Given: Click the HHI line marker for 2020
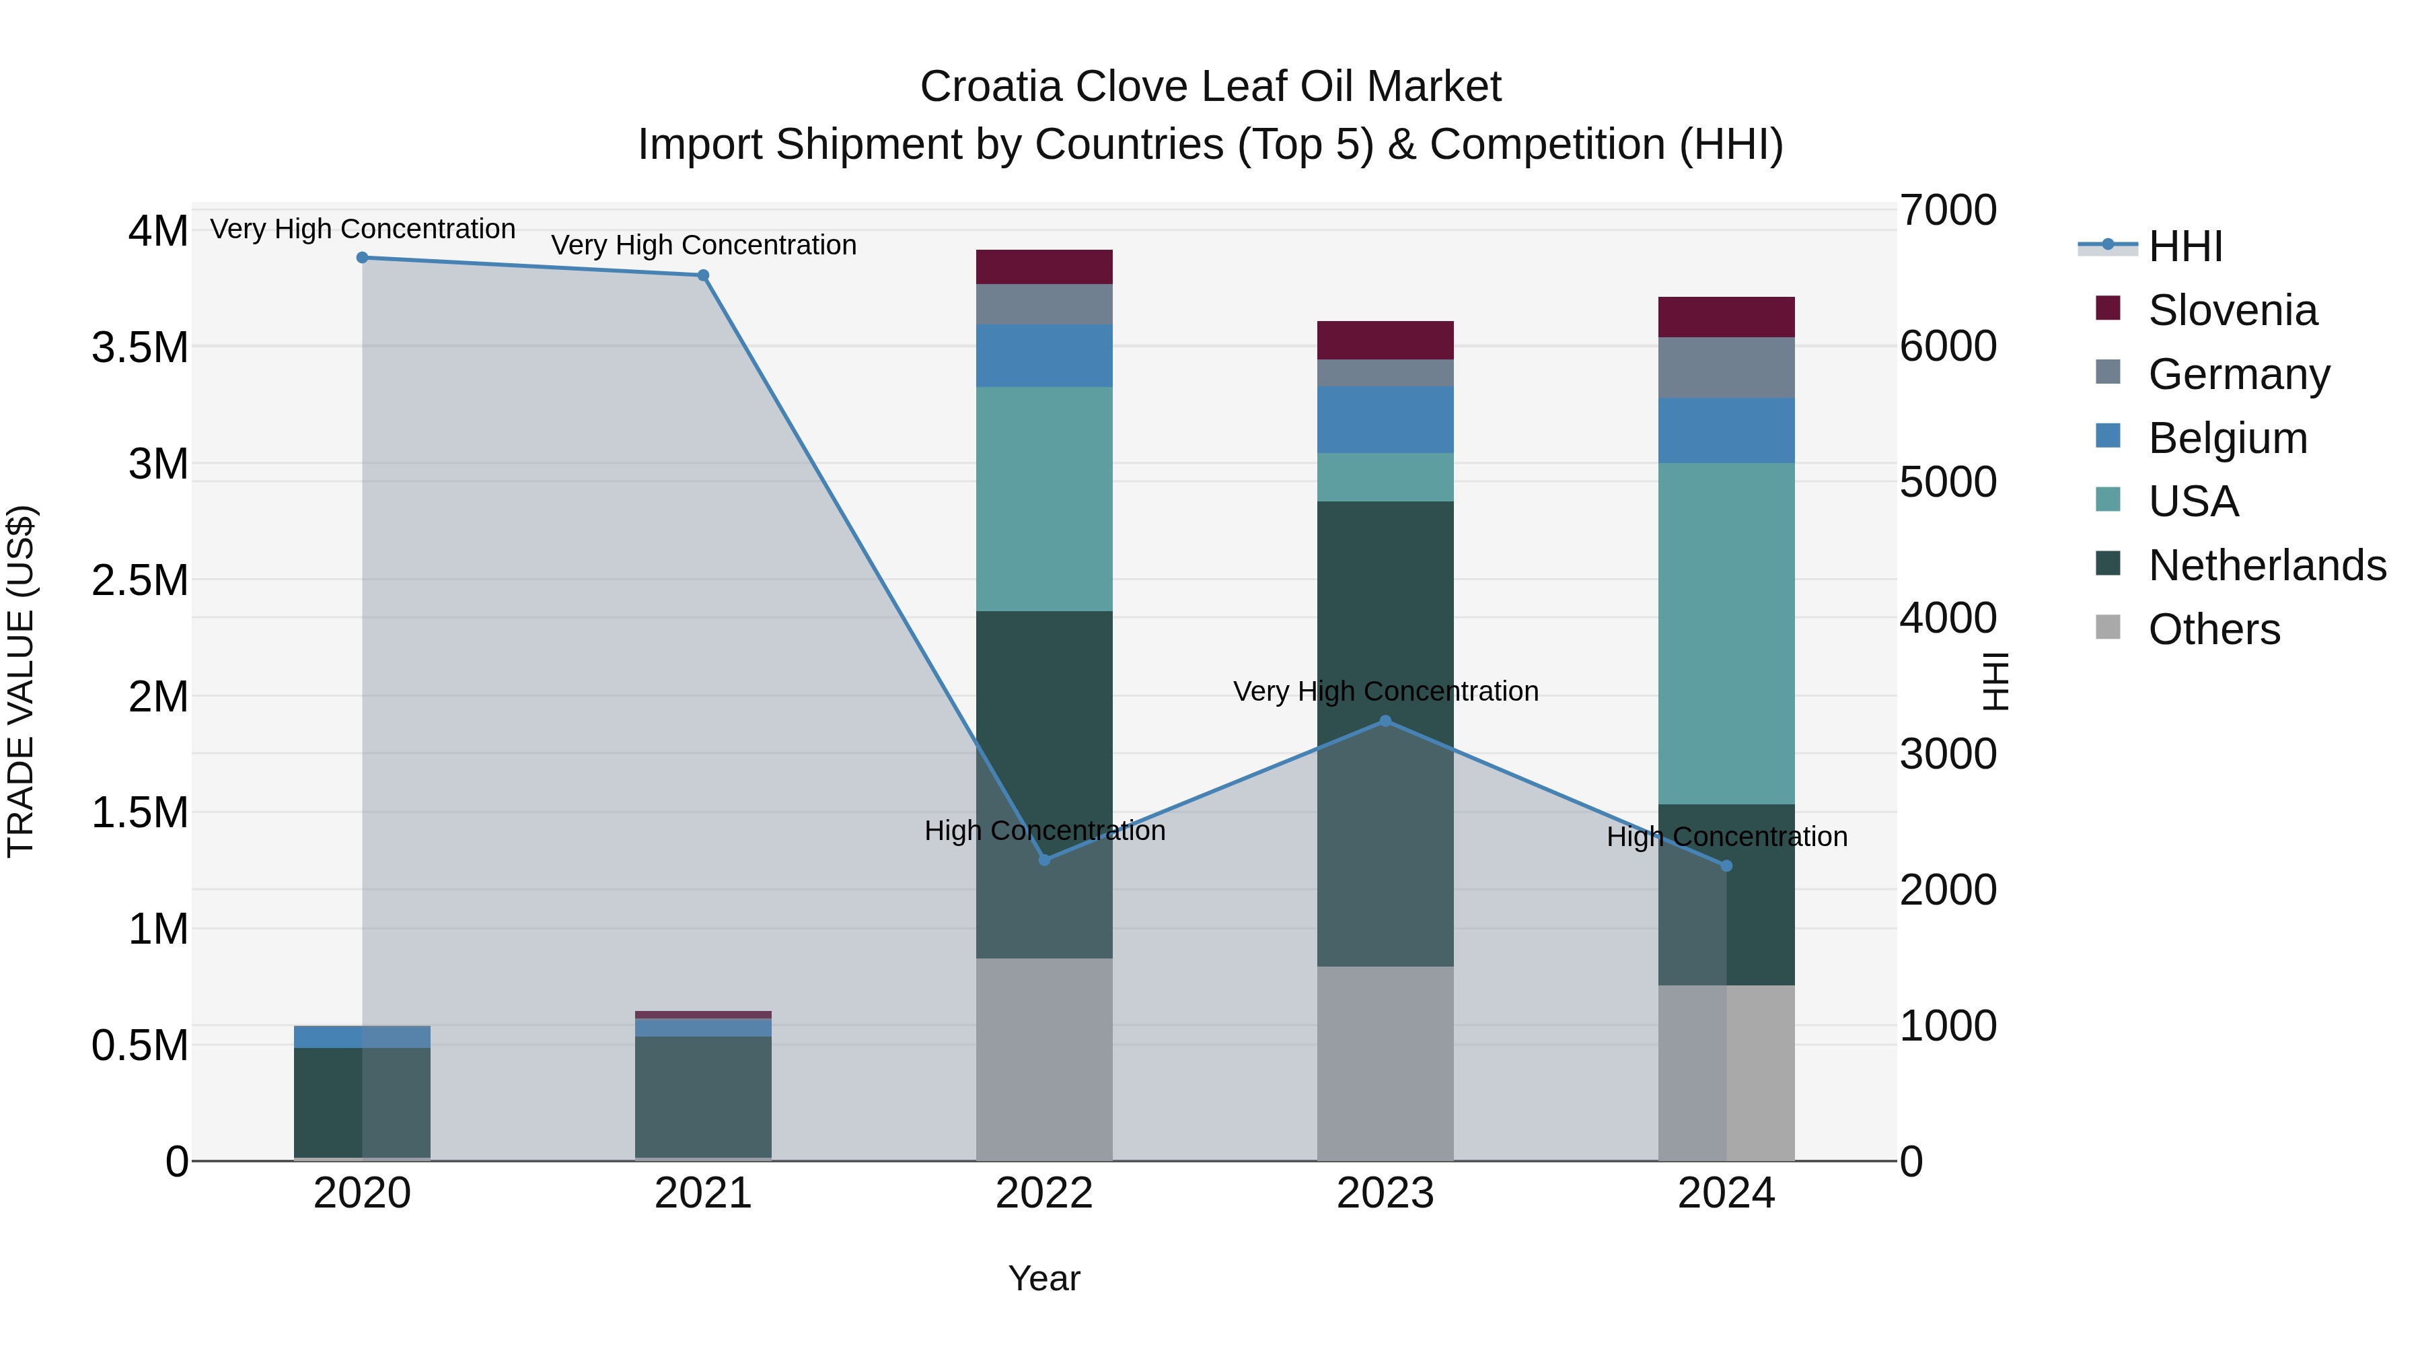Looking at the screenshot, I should [362, 258].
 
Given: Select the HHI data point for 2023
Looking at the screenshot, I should [1385, 722].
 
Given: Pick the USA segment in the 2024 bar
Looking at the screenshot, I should [1726, 633].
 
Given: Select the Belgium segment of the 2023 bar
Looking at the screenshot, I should [1385, 419].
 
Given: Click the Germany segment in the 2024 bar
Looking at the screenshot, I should [1726, 368].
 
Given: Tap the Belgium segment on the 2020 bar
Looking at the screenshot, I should [362, 1037].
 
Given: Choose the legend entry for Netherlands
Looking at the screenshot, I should [2266, 566].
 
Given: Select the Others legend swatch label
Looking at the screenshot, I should [2213, 629].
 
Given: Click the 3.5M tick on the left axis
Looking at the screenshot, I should [139, 348].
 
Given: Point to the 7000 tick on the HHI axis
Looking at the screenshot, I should [1947, 211].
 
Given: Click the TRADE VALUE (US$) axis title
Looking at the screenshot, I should [21, 681].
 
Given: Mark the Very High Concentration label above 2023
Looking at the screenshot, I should [1385, 691].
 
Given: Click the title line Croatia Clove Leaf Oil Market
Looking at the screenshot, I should [1210, 87].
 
